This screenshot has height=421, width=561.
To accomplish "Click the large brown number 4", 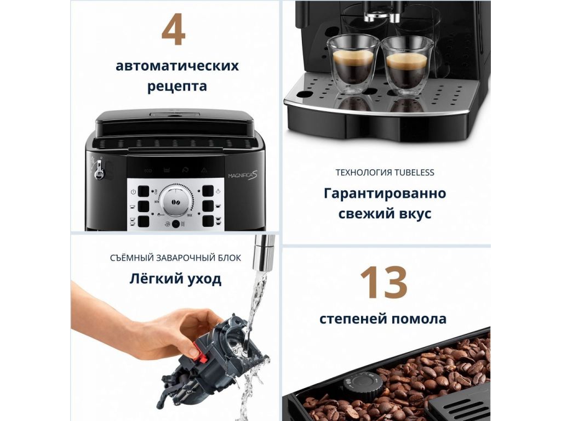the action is click(174, 30).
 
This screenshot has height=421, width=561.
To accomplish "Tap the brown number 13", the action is click(383, 282).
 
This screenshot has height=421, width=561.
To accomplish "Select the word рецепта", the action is click(177, 87).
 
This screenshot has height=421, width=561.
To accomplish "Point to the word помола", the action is click(419, 318).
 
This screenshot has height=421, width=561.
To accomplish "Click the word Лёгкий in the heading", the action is click(151, 278).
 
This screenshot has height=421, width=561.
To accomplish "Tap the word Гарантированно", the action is click(385, 194).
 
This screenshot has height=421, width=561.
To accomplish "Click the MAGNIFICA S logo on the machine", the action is click(243, 175).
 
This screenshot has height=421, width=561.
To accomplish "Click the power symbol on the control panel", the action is click(133, 191).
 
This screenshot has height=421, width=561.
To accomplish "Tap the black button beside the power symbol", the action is click(144, 191).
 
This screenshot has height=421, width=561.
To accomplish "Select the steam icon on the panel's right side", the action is click(218, 191).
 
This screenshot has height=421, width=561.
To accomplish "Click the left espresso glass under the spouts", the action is click(353, 63).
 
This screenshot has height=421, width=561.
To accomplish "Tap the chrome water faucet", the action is click(264, 253).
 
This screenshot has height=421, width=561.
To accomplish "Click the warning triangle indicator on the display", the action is click(204, 170).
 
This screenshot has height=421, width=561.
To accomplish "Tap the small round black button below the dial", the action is click(176, 224).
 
